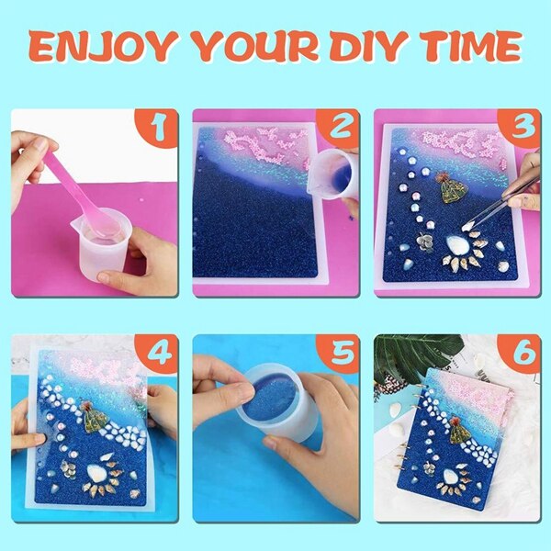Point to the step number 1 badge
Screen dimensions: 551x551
(x=157, y=129)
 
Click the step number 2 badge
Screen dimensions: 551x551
(x=339, y=129)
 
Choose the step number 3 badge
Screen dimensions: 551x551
(x=520, y=129)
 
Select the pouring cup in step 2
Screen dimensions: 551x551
(x=334, y=174)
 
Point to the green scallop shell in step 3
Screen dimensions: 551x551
(x=452, y=190)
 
